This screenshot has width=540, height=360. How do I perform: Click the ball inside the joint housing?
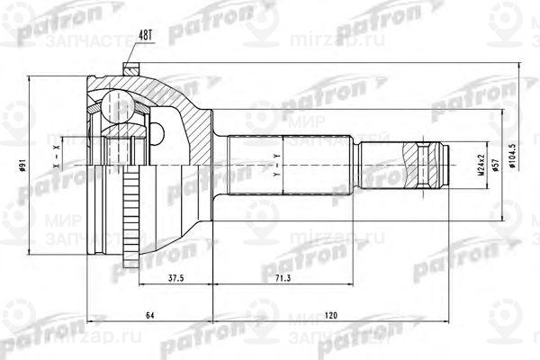click(115, 103)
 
